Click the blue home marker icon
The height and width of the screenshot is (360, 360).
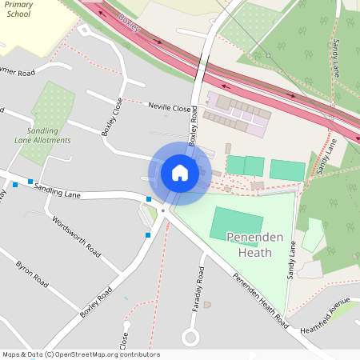(x=180, y=172)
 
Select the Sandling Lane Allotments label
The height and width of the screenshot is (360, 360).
(x=48, y=135)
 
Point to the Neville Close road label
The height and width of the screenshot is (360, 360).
(x=170, y=107)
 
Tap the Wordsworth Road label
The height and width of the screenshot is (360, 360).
(x=76, y=233)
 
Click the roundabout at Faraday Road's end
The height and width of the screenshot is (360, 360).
(x=190, y=337)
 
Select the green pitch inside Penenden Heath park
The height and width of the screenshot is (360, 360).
(x=236, y=223)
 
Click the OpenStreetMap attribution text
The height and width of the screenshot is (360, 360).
(x=80, y=354)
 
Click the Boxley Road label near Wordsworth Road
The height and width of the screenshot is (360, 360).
(x=94, y=304)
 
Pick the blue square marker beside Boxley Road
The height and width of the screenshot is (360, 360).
(x=147, y=235)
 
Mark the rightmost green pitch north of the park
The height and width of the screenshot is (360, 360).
(x=287, y=170)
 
